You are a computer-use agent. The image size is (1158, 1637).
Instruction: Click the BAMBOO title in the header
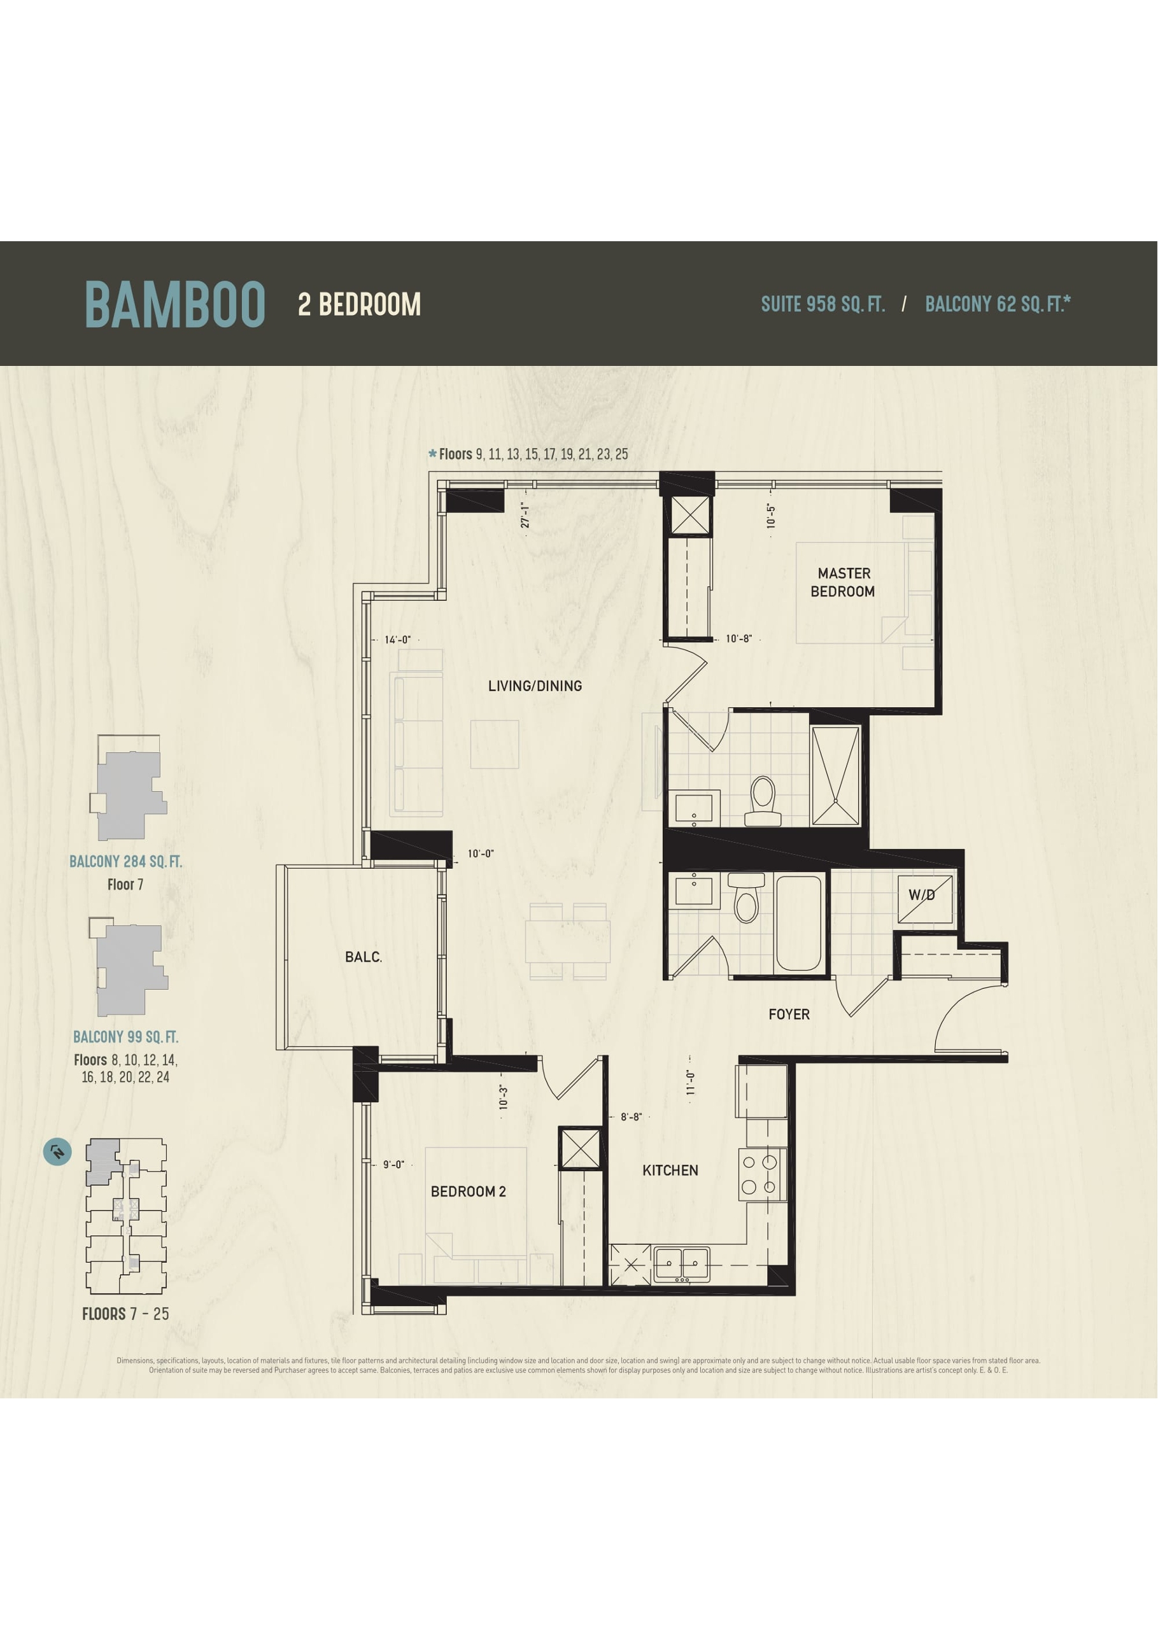176,304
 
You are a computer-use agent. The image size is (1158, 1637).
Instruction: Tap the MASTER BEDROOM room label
843,582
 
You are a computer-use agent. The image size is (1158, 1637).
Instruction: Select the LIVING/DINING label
535,686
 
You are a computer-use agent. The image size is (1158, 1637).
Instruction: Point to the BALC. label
364,957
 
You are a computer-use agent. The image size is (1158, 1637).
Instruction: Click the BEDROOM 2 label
469,1191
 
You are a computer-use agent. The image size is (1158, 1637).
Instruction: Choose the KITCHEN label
670,1170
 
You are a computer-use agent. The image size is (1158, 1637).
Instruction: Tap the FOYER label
789,1014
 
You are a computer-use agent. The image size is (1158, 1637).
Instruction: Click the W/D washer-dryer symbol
925,898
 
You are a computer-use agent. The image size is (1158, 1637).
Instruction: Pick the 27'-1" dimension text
525,515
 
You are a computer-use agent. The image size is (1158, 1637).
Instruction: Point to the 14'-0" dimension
397,640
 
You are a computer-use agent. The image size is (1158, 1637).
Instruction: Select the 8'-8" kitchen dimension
631,1116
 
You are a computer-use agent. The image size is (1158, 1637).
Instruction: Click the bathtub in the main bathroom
798,923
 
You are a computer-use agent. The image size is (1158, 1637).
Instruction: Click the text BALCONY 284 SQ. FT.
125,861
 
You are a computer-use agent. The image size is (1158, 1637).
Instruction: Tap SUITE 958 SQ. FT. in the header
823,304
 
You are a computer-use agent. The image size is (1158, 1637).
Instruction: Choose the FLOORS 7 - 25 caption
125,1314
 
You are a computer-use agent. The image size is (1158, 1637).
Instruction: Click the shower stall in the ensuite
836,776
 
